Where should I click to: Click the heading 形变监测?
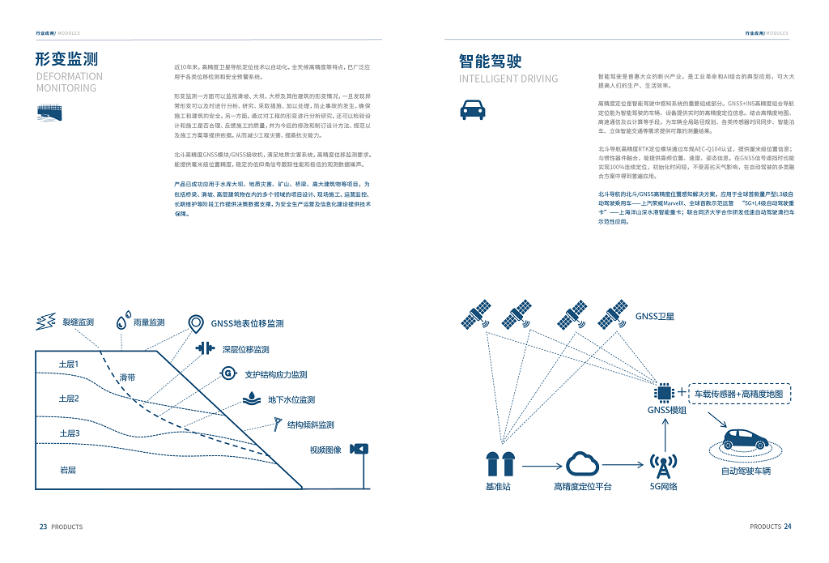coord(67,59)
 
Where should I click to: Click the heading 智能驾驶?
coord(490,61)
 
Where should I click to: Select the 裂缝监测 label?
coord(78,322)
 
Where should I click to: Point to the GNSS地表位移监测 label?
coord(247,323)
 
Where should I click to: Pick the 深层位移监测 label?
coord(245,349)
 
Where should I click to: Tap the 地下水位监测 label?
coord(291,399)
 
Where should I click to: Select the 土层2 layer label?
coord(69,399)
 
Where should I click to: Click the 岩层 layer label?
coord(68,470)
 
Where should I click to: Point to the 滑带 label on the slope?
coord(127,377)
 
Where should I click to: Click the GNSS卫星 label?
coord(654,316)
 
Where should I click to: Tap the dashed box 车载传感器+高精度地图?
coord(739,394)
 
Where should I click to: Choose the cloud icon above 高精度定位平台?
coord(583,464)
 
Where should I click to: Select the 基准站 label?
coord(499,487)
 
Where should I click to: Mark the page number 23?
coord(43,527)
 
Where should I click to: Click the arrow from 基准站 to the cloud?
coord(540,466)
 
